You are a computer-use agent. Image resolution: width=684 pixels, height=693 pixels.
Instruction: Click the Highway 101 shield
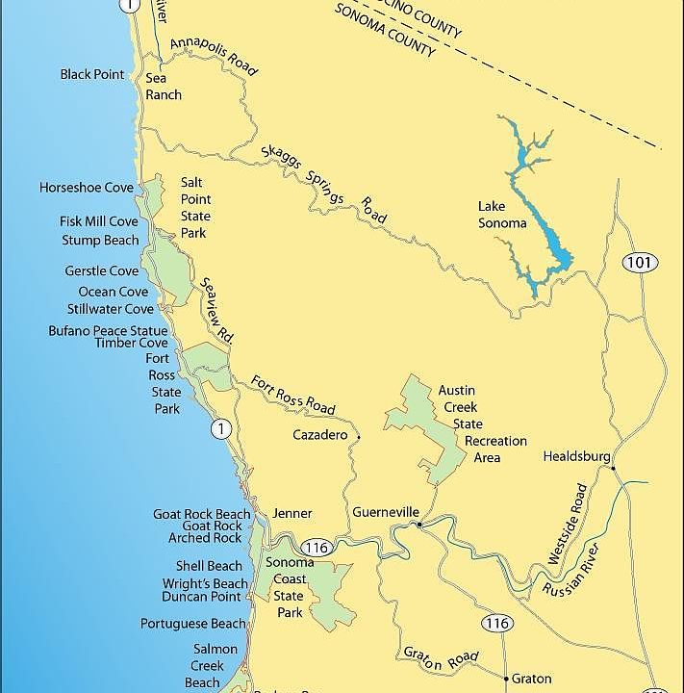pyautogui.click(x=637, y=263)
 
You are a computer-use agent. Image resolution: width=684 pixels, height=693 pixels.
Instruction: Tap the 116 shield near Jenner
pyautogui.click(x=321, y=548)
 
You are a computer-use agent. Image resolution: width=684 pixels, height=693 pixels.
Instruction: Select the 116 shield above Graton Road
pyautogui.click(x=496, y=623)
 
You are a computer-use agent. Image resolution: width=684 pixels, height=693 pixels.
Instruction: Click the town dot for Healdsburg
pyautogui.click(x=613, y=469)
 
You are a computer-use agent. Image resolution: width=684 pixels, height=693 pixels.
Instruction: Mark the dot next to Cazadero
pyautogui.click(x=358, y=437)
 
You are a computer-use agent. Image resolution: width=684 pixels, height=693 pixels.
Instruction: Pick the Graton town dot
pyautogui.click(x=504, y=678)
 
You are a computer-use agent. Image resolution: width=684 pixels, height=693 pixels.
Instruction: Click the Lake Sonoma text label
pyautogui.click(x=502, y=215)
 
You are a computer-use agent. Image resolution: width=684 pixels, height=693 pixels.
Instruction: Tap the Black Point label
pyautogui.click(x=92, y=74)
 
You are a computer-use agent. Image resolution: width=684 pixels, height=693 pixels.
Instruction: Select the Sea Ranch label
pyautogui.click(x=164, y=87)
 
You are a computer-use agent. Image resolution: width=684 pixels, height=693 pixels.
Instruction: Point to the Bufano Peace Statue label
pyautogui.click(x=108, y=330)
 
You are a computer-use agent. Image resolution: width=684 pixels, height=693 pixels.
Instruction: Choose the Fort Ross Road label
pyautogui.click(x=292, y=395)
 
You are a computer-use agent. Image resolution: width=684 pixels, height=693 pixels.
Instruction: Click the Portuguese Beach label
pyautogui.click(x=193, y=624)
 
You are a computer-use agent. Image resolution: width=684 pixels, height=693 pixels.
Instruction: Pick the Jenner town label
pyautogui.click(x=292, y=513)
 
